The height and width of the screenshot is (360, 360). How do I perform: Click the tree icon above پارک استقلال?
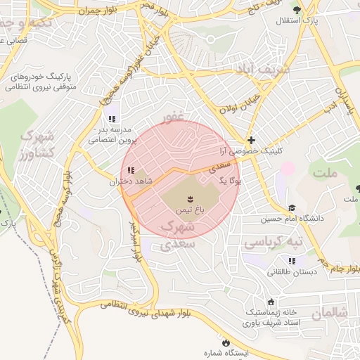tap(297, 10)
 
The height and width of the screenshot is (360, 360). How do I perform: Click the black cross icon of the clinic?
tap(252, 141)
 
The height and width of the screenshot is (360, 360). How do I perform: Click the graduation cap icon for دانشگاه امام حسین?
tap(292, 208)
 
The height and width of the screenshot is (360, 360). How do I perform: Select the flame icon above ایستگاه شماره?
tap(225, 342)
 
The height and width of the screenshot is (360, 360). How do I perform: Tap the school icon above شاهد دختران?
tap(130, 169)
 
